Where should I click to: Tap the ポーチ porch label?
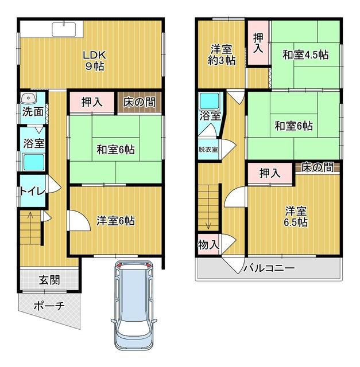48,306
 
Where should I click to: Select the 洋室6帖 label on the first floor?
115,220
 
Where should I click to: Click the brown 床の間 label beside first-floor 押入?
138,103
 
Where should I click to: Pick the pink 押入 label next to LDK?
92,103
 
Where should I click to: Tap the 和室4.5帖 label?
305,56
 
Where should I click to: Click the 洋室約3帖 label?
222,54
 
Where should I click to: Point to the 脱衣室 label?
208,149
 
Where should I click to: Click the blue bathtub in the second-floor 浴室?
208,101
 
